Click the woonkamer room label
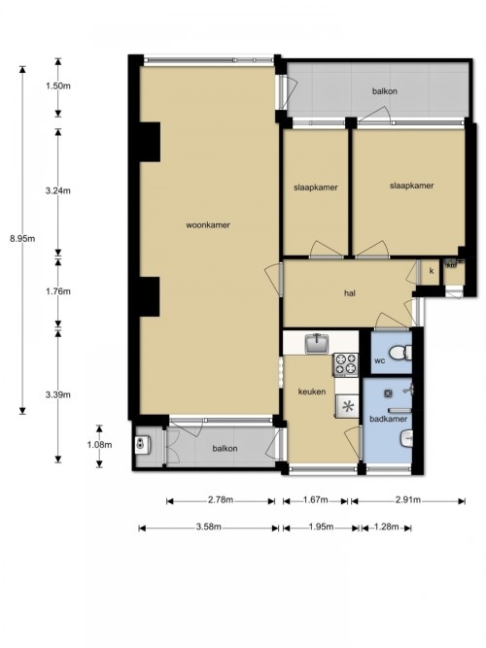(x=208, y=225)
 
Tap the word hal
(x=350, y=293)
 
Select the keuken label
(x=312, y=392)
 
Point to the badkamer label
(x=388, y=419)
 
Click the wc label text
(x=380, y=360)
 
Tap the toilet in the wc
(x=401, y=353)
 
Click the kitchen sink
(x=317, y=343)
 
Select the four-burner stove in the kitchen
(x=346, y=364)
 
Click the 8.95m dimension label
(x=22, y=238)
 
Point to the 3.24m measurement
(x=58, y=190)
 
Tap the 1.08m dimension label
(x=99, y=445)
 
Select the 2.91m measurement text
(x=408, y=500)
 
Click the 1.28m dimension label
(x=386, y=527)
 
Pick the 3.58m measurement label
(x=208, y=527)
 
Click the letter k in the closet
(x=432, y=271)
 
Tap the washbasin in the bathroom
(x=406, y=438)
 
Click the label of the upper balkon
(x=385, y=91)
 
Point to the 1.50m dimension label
(x=58, y=85)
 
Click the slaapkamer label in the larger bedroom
(x=411, y=186)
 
